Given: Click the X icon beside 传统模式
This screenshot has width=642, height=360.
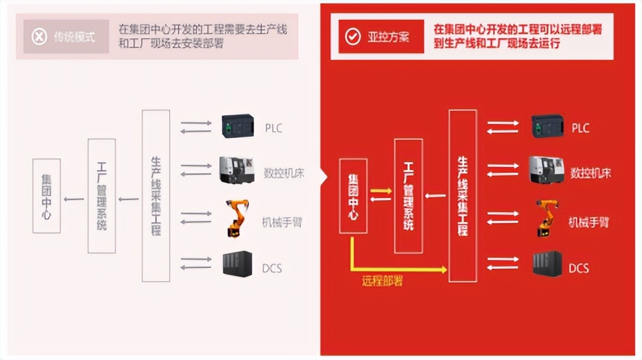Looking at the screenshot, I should point(39,36).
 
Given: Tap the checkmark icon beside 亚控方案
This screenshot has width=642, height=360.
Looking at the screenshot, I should point(352,36).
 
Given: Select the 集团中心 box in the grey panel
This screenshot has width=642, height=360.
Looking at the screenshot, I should point(46,195).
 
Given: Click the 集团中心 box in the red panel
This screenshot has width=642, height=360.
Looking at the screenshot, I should point(353,196).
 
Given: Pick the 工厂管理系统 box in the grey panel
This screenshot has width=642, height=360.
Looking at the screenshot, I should point(102,195).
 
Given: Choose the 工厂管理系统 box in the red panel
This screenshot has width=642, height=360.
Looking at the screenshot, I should point(408,196).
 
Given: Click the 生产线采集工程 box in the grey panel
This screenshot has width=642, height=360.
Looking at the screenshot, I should point(156,195).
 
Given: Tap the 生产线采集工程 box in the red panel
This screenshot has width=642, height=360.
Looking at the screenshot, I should point(463,196).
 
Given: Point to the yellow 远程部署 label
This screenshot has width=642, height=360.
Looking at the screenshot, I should point(382,280).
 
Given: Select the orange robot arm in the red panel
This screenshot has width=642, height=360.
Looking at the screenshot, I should point(545,218).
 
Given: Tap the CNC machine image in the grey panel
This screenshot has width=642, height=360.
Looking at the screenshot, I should point(237,170).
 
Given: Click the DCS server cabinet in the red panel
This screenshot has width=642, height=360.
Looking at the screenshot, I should point(547,264).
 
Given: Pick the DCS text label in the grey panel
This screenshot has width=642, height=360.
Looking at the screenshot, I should point(272,268).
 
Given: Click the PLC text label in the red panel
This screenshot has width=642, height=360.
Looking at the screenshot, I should point(580,128).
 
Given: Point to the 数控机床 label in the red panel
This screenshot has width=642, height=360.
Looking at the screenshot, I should point(591,173).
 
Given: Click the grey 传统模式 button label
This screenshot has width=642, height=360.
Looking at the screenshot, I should point(74,36).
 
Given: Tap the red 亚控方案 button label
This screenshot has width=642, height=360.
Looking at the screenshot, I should point(388,36).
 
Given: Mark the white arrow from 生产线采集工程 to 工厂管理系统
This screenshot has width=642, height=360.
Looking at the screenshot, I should point(435,195).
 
